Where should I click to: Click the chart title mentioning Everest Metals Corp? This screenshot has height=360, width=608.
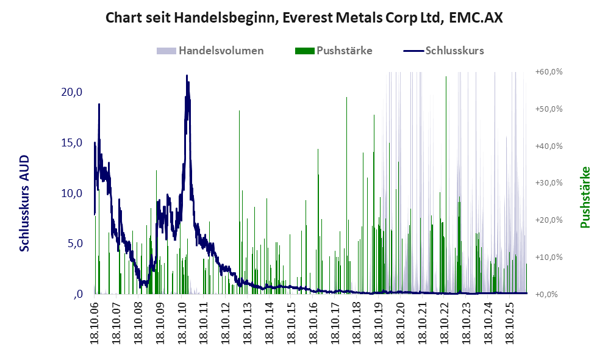(304, 18)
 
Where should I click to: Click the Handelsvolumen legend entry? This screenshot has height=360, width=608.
(210, 51)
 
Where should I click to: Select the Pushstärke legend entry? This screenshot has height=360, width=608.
(334, 51)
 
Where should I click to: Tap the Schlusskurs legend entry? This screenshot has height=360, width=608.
(443, 51)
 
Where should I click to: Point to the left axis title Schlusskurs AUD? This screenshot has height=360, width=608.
(24, 203)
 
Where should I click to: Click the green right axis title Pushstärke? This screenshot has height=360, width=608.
(585, 197)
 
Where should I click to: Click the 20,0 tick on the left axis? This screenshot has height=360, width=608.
(72, 92)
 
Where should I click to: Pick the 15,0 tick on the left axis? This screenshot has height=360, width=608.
(72, 143)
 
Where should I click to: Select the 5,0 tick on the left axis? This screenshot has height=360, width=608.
(75, 243)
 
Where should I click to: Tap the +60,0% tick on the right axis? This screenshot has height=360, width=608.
(549, 72)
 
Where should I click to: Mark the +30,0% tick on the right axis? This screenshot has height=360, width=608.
(549, 182)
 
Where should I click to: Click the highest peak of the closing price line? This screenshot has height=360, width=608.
(187, 76)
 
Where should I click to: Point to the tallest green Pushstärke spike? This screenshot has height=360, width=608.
(446, 77)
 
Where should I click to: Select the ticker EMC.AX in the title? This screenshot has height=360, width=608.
(476, 18)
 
